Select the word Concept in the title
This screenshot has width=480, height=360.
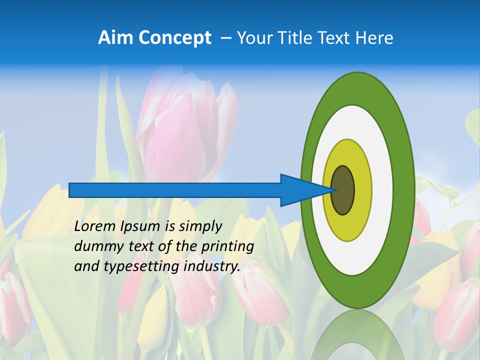pyautogui.click(x=174, y=38)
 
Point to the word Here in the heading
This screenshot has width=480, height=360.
pyautogui.click(x=375, y=38)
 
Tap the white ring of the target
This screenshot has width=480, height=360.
pyautogui.click(x=382, y=190)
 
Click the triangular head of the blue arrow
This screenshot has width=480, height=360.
pyautogui.click(x=300, y=190)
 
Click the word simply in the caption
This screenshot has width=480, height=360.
pyautogui.click(x=200, y=226)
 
